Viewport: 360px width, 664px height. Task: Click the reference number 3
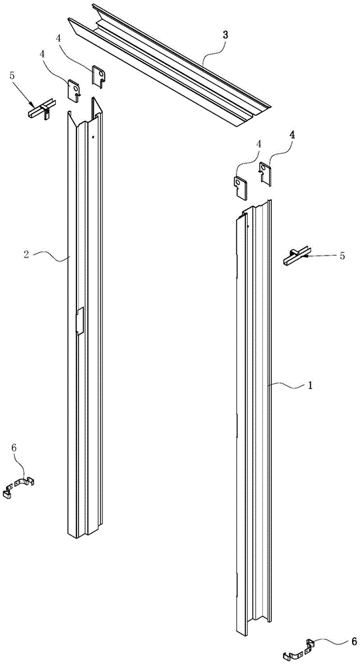click(225, 35)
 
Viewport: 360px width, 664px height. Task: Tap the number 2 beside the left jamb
click(26, 256)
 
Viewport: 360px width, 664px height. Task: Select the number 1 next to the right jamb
click(310, 386)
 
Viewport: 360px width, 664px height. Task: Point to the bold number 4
click(293, 135)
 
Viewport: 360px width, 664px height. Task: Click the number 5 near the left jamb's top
click(11, 76)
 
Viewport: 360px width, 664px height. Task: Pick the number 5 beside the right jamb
click(342, 256)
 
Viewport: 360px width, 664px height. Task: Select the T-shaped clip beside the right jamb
click(296, 256)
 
